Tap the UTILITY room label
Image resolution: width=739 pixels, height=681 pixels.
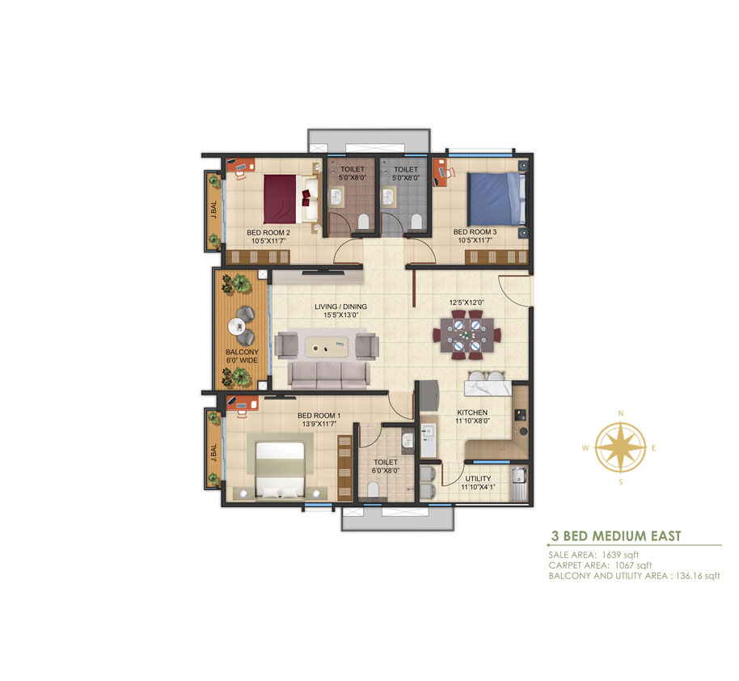click(x=478, y=478)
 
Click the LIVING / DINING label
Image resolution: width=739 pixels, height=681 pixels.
click(x=340, y=307)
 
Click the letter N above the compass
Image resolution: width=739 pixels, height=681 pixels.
click(x=621, y=413)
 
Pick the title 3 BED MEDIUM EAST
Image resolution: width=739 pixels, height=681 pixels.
click(x=616, y=535)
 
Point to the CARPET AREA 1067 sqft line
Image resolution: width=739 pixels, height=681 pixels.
click(x=600, y=565)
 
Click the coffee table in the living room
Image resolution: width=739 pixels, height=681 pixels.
click(x=330, y=349)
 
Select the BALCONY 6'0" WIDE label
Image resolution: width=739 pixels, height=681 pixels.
click(x=242, y=356)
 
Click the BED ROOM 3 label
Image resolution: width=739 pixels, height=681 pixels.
click(x=475, y=231)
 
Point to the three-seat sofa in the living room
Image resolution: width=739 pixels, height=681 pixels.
click(x=328, y=373)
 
